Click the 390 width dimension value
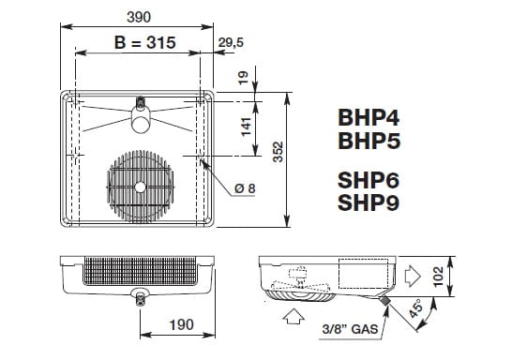139,17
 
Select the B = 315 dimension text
145,42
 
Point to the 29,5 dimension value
231,42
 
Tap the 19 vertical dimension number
244,78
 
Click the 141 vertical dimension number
246,127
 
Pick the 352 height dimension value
278,152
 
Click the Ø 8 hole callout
245,188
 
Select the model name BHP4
369,117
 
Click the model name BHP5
369,141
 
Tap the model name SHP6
369,180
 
